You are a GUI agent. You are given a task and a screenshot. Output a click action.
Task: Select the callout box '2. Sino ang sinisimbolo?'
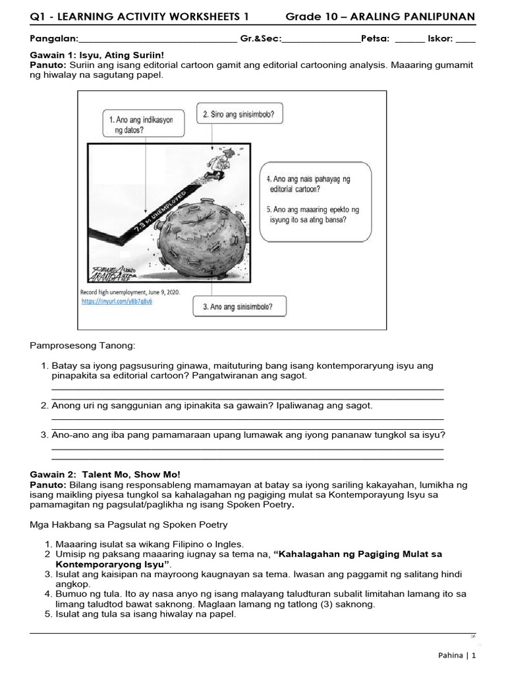click(x=239, y=114)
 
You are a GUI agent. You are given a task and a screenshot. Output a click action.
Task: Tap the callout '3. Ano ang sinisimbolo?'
click(x=235, y=307)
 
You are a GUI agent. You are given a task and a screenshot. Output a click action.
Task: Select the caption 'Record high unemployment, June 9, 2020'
click(x=129, y=291)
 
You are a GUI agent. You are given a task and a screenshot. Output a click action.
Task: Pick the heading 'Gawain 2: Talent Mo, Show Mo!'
click(x=105, y=474)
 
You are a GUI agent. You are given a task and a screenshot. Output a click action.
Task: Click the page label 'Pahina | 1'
click(x=457, y=656)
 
